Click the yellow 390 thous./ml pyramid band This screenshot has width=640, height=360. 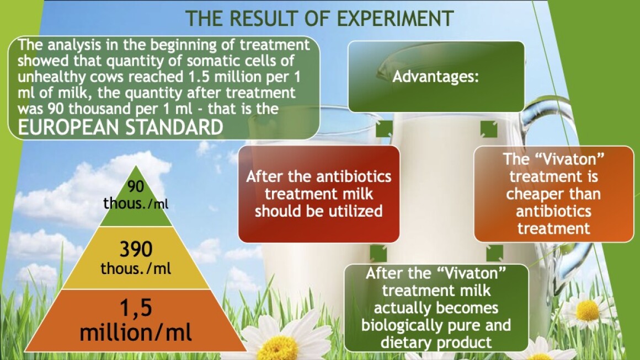(136, 258)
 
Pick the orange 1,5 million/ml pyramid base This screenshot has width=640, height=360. (136, 321)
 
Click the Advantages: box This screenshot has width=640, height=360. (436, 77)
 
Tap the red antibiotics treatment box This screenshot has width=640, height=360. (319, 194)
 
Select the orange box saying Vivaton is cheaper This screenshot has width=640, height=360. (553, 194)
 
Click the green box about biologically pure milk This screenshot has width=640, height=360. (436, 308)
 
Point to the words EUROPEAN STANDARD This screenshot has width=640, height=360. (120, 127)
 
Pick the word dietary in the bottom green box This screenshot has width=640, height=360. (407, 343)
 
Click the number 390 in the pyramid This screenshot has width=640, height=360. (136, 249)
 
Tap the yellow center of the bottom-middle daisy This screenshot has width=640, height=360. (278, 349)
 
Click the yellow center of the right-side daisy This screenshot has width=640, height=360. (588, 310)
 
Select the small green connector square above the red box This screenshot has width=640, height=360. (383, 129)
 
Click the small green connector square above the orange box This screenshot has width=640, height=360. (489, 129)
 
